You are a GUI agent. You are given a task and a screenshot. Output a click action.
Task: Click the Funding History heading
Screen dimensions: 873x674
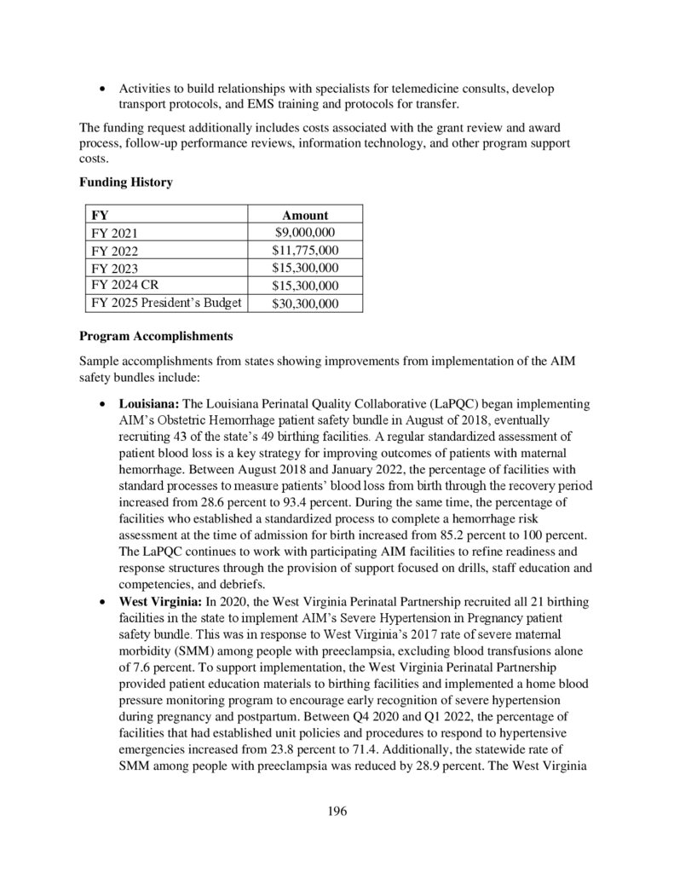coord(126,182)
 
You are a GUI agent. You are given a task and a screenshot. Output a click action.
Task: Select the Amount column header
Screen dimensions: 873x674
coord(304,216)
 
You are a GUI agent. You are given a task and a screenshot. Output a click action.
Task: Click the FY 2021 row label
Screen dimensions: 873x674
coord(114,233)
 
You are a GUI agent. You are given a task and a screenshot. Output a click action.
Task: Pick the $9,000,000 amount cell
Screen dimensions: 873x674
coord(304,232)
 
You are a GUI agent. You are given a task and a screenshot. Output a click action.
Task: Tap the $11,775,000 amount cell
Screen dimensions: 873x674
coord(304,250)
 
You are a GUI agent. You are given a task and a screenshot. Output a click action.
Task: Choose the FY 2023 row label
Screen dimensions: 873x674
coord(114,269)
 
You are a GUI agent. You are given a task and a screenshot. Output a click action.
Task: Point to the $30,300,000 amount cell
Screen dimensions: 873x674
coord(304,304)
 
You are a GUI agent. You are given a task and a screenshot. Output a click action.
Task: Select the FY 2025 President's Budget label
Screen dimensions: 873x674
coord(166,304)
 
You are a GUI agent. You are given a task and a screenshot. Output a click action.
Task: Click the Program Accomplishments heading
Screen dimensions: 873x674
coord(156,336)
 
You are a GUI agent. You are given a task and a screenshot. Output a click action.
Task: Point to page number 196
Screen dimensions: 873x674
coord(337,811)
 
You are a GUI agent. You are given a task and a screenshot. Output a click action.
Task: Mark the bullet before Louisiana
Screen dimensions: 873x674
coord(103,403)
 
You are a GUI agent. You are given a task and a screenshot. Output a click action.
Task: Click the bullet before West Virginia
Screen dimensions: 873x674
coord(103,601)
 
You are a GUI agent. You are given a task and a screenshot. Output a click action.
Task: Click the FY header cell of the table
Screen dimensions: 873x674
coord(100,216)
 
